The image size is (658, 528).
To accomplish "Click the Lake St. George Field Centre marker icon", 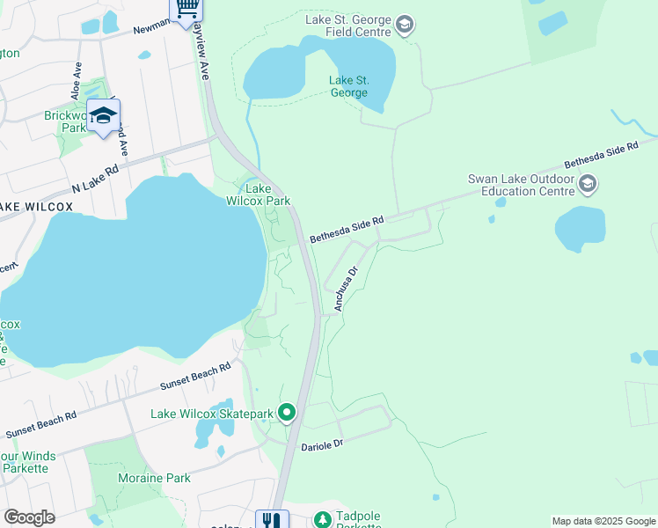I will (405, 24).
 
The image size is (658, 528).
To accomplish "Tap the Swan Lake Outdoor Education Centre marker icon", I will (589, 184).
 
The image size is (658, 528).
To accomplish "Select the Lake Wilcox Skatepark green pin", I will (287, 412).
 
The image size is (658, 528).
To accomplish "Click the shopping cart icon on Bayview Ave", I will (186, 8).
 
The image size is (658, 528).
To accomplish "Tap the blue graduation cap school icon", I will (104, 116).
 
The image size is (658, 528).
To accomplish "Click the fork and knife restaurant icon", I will (272, 520).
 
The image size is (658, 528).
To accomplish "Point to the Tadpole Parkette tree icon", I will (323, 520).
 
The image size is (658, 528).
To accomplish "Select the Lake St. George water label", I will (349, 86).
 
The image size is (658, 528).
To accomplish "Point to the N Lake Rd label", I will (95, 179).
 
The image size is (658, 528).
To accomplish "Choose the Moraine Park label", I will (154, 479).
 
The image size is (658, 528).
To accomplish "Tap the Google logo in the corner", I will (29, 517).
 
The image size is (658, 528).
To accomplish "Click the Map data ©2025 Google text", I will (603, 521).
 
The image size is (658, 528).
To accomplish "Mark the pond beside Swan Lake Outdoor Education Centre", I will (581, 229).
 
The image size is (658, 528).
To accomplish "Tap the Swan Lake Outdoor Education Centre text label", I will (522, 185).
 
